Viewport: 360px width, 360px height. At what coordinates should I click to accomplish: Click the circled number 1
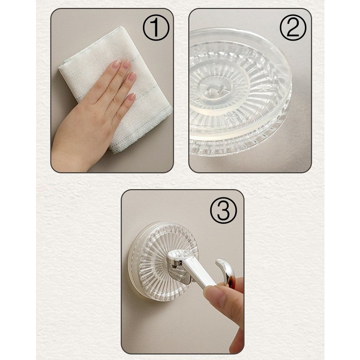point(156,28)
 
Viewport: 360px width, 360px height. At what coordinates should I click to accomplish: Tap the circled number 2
point(293,28)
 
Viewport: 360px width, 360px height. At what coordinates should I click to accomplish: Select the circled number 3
point(223,211)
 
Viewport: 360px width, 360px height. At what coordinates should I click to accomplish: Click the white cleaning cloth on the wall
point(115,90)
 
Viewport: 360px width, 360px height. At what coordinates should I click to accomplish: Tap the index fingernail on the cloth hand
point(116,64)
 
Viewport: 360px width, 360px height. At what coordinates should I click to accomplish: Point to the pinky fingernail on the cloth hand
point(131,97)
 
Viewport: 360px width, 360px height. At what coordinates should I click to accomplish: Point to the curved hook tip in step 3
point(219,262)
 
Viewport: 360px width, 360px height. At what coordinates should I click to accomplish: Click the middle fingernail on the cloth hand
point(126,65)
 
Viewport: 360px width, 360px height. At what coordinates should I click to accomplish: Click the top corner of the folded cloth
point(121,28)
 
